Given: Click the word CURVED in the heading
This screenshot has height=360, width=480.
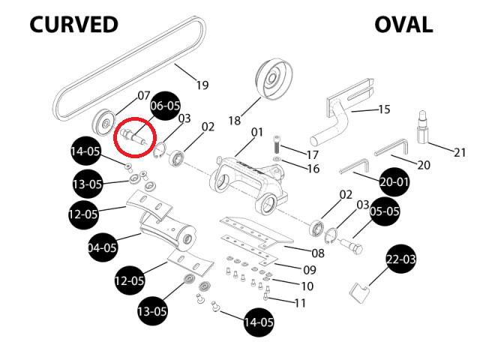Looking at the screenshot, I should tap(73, 25).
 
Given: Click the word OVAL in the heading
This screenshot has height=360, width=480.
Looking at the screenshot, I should tap(403, 25).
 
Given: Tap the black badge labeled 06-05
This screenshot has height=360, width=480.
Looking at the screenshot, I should tap(165, 105).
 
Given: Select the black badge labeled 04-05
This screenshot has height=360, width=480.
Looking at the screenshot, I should tap(103, 247).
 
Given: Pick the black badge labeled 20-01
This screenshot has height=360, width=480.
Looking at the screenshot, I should tap(394, 181).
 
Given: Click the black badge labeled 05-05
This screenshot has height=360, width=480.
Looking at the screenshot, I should tap(385, 211).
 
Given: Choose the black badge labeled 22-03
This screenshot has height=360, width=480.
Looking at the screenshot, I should tap(400, 259).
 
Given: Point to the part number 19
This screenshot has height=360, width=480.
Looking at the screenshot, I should tap(202, 85).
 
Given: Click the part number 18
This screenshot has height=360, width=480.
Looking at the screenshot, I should tap(234, 120).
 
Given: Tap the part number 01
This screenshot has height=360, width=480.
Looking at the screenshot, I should tap(257, 133).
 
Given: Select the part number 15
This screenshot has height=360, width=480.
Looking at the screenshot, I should tap(384, 109).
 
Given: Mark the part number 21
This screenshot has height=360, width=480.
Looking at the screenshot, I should tap(460, 152).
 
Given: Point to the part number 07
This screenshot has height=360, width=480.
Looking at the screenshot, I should tap(143, 96).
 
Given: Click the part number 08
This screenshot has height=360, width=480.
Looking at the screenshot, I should tap(318, 253).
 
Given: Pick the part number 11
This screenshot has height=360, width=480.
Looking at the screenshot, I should tap(300, 303).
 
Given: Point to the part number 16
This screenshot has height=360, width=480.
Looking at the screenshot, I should tap(313, 169).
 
